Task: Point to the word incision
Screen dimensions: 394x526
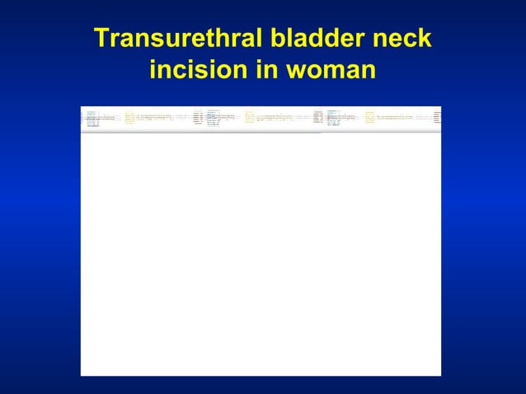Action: tap(200, 71)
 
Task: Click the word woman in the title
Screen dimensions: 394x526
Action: tap(330, 71)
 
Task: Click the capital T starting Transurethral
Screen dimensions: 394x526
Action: tap(101, 39)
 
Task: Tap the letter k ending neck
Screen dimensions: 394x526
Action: tap(424, 39)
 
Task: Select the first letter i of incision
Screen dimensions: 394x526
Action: tap(153, 71)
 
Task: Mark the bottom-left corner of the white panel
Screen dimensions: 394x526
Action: tap(82, 375)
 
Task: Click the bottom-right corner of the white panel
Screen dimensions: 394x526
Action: tap(440, 375)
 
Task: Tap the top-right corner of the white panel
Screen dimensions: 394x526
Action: tap(440, 107)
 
